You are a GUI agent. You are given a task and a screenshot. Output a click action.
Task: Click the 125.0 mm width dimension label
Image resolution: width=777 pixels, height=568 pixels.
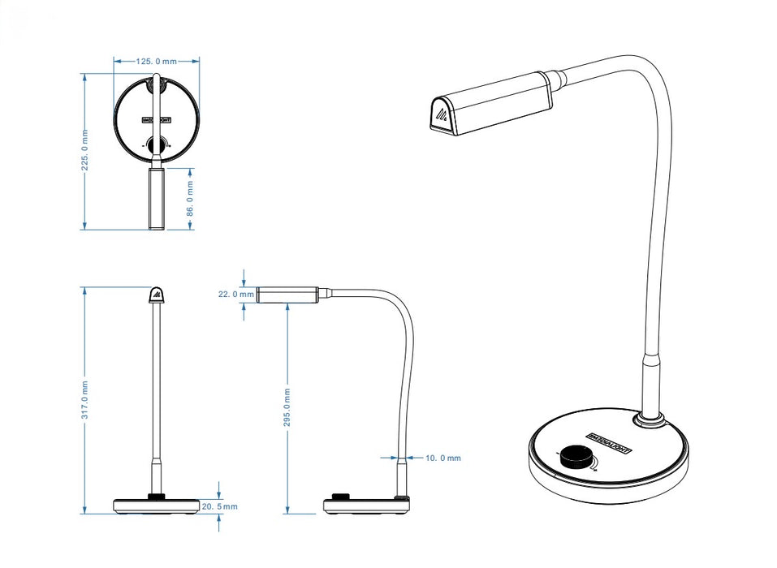pyautogui.click(x=157, y=61)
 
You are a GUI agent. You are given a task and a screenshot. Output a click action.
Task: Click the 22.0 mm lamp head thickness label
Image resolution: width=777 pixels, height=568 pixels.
pyautogui.click(x=231, y=294)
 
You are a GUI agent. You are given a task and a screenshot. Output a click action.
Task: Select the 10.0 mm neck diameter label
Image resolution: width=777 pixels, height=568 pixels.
pyautogui.click(x=443, y=458)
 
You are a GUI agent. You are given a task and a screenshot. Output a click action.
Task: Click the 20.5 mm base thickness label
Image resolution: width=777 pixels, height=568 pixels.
pyautogui.click(x=221, y=506)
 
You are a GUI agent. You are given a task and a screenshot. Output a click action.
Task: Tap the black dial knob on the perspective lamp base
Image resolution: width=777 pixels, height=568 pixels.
pyautogui.click(x=578, y=457)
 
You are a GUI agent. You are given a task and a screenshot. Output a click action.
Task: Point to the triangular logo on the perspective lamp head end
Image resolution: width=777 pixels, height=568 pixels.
pyautogui.click(x=439, y=115)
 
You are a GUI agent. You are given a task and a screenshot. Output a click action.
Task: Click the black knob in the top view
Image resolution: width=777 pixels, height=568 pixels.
pyautogui.click(x=156, y=146)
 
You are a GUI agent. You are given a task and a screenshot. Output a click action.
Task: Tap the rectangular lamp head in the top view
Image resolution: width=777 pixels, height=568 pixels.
pyautogui.click(x=157, y=198)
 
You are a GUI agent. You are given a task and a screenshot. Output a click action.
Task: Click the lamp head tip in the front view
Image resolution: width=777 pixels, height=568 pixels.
pyautogui.click(x=156, y=294)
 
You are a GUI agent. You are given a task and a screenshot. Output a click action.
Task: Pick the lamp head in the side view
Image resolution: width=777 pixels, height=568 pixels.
pyautogui.click(x=287, y=294)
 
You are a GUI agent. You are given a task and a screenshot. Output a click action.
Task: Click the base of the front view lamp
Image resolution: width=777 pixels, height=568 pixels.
pyautogui.click(x=156, y=506)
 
